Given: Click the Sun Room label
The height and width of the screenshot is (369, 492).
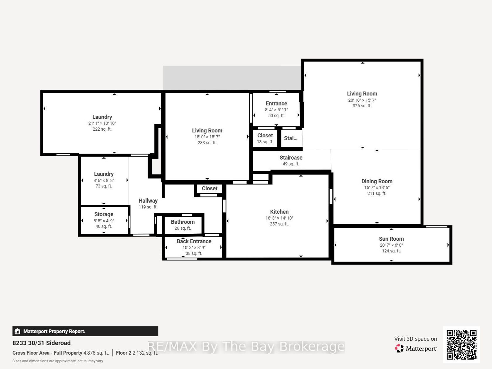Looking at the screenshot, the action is click(x=391, y=239).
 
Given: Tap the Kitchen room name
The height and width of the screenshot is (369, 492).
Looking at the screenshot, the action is click(x=279, y=212).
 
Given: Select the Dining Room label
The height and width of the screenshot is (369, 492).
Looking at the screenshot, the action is click(x=377, y=181).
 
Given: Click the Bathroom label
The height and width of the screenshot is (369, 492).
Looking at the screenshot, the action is click(x=183, y=222).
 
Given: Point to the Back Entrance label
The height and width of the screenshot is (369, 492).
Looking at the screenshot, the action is click(x=194, y=241).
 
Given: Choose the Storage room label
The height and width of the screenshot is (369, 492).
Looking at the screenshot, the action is click(x=104, y=214).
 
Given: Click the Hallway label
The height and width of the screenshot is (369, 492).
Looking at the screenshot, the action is click(x=148, y=201).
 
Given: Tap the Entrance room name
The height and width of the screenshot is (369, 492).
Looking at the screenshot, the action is click(x=276, y=103).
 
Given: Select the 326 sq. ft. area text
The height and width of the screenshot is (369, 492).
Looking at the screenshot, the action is click(x=362, y=106).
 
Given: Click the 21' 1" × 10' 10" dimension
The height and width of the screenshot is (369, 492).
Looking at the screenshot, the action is click(x=102, y=123).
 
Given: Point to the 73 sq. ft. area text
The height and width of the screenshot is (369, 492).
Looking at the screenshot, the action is click(x=104, y=186).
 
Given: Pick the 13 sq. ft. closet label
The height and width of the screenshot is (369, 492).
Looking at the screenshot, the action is click(x=265, y=142).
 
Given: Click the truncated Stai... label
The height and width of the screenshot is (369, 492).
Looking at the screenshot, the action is click(x=291, y=138).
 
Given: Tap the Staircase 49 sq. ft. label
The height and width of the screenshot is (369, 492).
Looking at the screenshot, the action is click(x=291, y=160).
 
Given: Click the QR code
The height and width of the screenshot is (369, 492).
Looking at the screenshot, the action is click(x=462, y=345).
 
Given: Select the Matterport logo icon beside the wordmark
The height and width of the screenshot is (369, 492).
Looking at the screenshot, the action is click(x=399, y=348).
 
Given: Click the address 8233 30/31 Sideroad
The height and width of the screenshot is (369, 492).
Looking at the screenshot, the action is click(x=42, y=343).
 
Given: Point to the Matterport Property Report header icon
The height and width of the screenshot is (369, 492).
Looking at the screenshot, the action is click(x=17, y=331).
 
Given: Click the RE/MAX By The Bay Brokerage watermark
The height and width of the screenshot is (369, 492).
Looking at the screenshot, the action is click(x=246, y=346).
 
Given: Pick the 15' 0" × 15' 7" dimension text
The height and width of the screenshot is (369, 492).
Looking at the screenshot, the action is click(x=207, y=137).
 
